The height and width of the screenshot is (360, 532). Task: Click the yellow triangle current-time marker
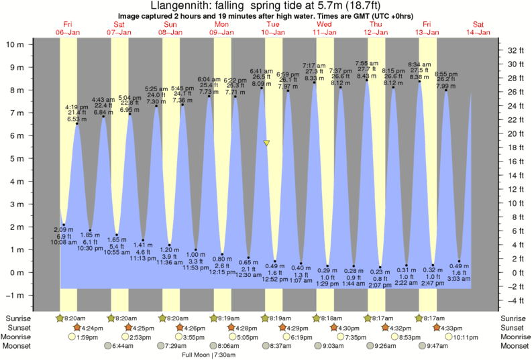pyautogui.click(x=267, y=143)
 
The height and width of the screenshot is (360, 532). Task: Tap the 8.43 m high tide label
pyautogui.click(x=367, y=76)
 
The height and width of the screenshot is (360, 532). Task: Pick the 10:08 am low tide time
pyautogui.click(x=64, y=243)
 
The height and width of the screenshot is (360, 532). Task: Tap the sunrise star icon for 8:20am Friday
pyautogui.click(x=60, y=318)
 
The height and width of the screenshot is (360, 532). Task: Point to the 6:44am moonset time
pyautogui.click(x=121, y=346)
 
